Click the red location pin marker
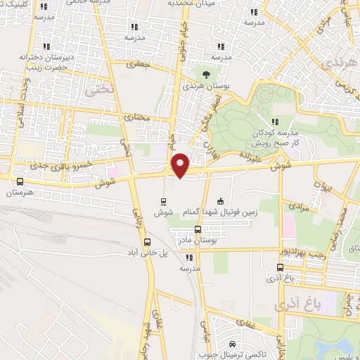point(181,165)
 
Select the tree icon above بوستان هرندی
point(205,73)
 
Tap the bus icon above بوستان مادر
point(198,229)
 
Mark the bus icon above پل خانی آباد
point(146,242)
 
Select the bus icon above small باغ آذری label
point(281,267)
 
